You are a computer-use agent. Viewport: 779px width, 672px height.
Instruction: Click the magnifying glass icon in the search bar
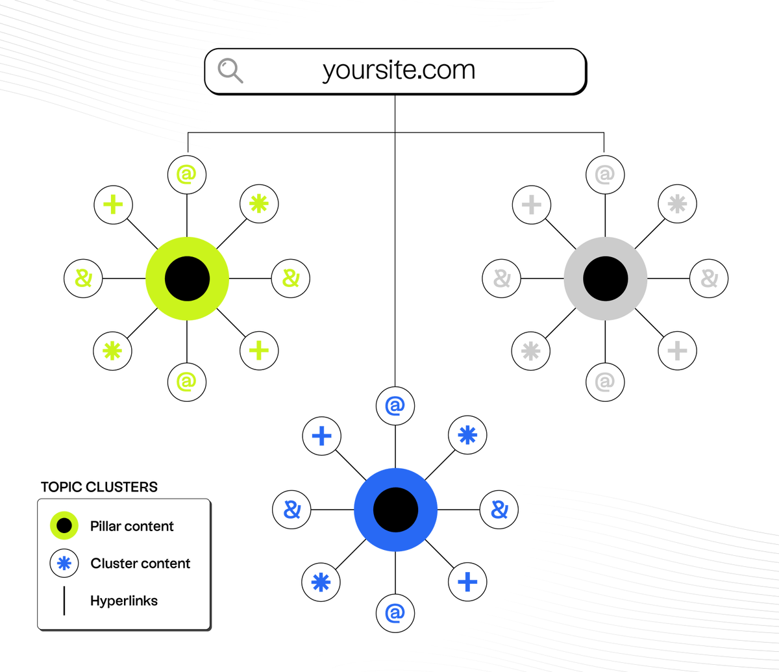click(230, 70)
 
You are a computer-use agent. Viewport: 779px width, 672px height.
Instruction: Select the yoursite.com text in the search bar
click(399, 70)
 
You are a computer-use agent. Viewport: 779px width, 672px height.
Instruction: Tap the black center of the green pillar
click(187, 279)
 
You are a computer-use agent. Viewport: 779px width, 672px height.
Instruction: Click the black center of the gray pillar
click(605, 279)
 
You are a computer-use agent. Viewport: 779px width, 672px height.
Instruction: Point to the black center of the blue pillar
click(395, 510)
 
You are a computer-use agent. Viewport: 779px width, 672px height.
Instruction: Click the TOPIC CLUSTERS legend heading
click(99, 487)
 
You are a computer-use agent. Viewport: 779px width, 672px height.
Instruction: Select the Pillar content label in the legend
click(132, 526)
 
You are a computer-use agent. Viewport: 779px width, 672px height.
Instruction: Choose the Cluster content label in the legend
click(140, 564)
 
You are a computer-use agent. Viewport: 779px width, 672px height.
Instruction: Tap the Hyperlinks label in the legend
click(123, 601)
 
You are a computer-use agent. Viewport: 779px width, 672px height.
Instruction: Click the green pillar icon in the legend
click(64, 526)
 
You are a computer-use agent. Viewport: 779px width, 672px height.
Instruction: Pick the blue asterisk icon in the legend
click(64, 564)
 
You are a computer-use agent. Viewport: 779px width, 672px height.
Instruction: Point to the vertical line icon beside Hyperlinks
click(64, 601)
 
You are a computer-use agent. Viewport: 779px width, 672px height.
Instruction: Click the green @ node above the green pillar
click(187, 174)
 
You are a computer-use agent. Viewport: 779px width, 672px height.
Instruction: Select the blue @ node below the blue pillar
click(395, 613)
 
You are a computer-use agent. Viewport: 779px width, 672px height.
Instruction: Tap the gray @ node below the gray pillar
click(605, 382)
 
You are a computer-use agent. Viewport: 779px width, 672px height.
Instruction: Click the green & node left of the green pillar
click(83, 279)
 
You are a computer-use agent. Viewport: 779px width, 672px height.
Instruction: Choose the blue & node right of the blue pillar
click(499, 510)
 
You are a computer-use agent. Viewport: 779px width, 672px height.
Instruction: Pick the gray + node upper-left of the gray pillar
click(532, 205)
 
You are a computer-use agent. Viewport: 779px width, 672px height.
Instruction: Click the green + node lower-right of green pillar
click(259, 351)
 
